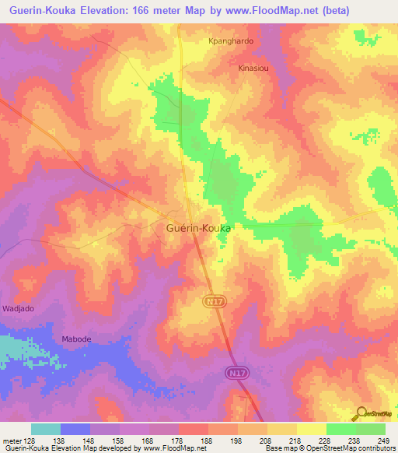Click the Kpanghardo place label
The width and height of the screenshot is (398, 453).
coord(232,41)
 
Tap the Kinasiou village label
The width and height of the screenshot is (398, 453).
coord(253,68)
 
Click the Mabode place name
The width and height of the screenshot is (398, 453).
coord(77,339)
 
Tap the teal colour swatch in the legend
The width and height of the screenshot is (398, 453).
coord(46,429)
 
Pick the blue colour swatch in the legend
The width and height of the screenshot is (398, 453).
coord(75,429)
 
